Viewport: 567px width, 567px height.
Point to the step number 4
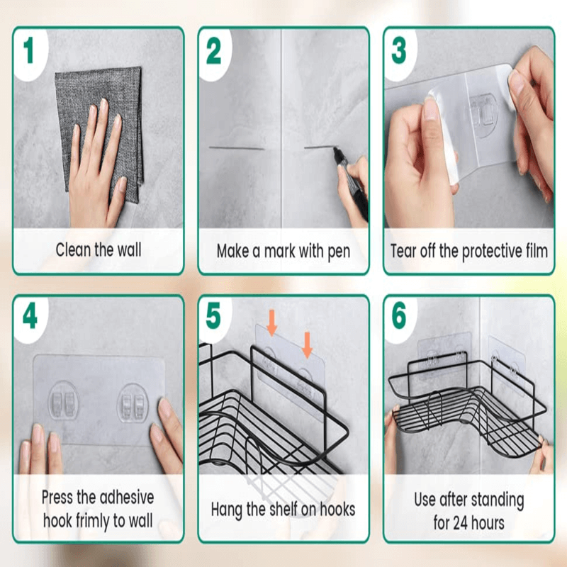[x=29, y=316]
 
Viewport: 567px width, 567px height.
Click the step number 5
[x=214, y=316]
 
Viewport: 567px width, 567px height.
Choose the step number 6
[x=399, y=316]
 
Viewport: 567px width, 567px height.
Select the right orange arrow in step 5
[x=307, y=345]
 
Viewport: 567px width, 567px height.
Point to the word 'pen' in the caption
[x=337, y=252]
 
